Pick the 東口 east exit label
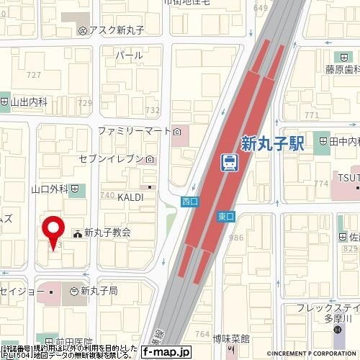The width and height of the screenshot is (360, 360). (225, 216)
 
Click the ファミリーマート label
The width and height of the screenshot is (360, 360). (134, 131)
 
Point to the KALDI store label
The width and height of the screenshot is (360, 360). (131, 197)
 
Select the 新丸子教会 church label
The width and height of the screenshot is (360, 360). (107, 233)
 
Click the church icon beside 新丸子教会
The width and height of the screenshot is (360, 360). (77, 233)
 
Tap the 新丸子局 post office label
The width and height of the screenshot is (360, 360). (99, 291)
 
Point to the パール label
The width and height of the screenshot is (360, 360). (129, 55)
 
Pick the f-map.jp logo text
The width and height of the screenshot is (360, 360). (166, 352)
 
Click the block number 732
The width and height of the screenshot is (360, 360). (152, 110)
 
